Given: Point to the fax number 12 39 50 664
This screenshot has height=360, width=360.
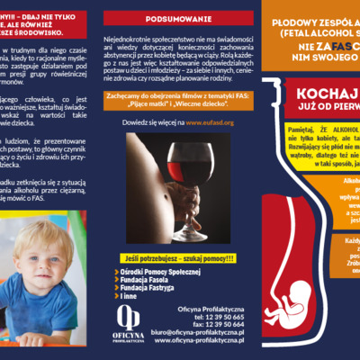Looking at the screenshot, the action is (x=213, y=328).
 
